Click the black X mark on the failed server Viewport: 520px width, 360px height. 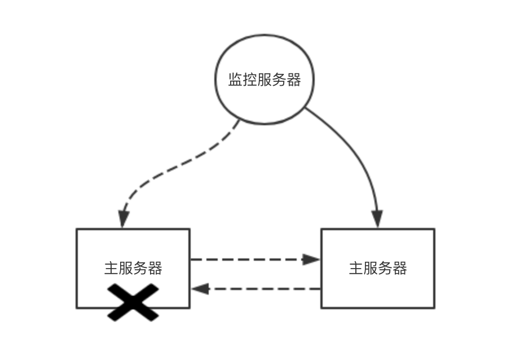click(x=133, y=302)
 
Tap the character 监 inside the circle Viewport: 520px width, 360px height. click(x=235, y=80)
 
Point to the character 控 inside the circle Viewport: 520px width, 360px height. click(x=249, y=80)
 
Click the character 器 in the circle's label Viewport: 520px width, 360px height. click(x=293, y=80)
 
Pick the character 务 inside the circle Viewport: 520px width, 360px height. click(x=279, y=80)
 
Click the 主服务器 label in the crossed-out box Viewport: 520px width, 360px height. click(x=133, y=268)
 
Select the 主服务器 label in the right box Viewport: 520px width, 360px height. click(x=378, y=267)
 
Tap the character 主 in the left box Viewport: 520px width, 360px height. click(x=111, y=268)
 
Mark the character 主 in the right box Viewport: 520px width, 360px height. click(x=356, y=267)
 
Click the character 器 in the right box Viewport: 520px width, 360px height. click(x=400, y=267)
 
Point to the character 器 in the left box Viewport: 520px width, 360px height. click(x=155, y=268)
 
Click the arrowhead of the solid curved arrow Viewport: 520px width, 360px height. click(x=377, y=219)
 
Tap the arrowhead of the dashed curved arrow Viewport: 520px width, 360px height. click(x=124, y=219)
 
